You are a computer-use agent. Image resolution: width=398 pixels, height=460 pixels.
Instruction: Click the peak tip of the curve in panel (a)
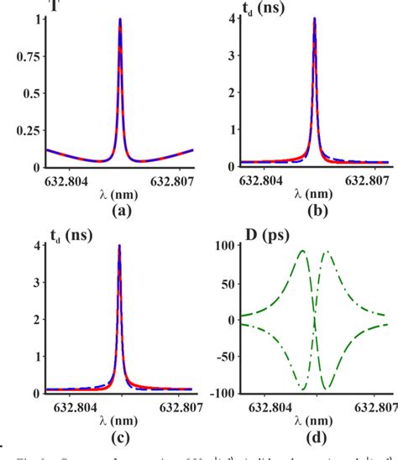[x=120, y=19]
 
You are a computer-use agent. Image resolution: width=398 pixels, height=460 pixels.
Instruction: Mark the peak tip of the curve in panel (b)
[x=313, y=18]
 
